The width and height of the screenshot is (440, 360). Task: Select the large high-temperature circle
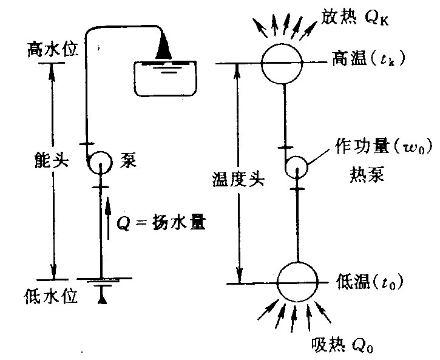click(x=282, y=63)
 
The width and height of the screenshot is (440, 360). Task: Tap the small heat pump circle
click(x=297, y=166)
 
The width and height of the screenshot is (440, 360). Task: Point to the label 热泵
click(x=365, y=173)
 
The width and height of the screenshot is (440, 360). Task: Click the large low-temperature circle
click(x=297, y=282)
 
